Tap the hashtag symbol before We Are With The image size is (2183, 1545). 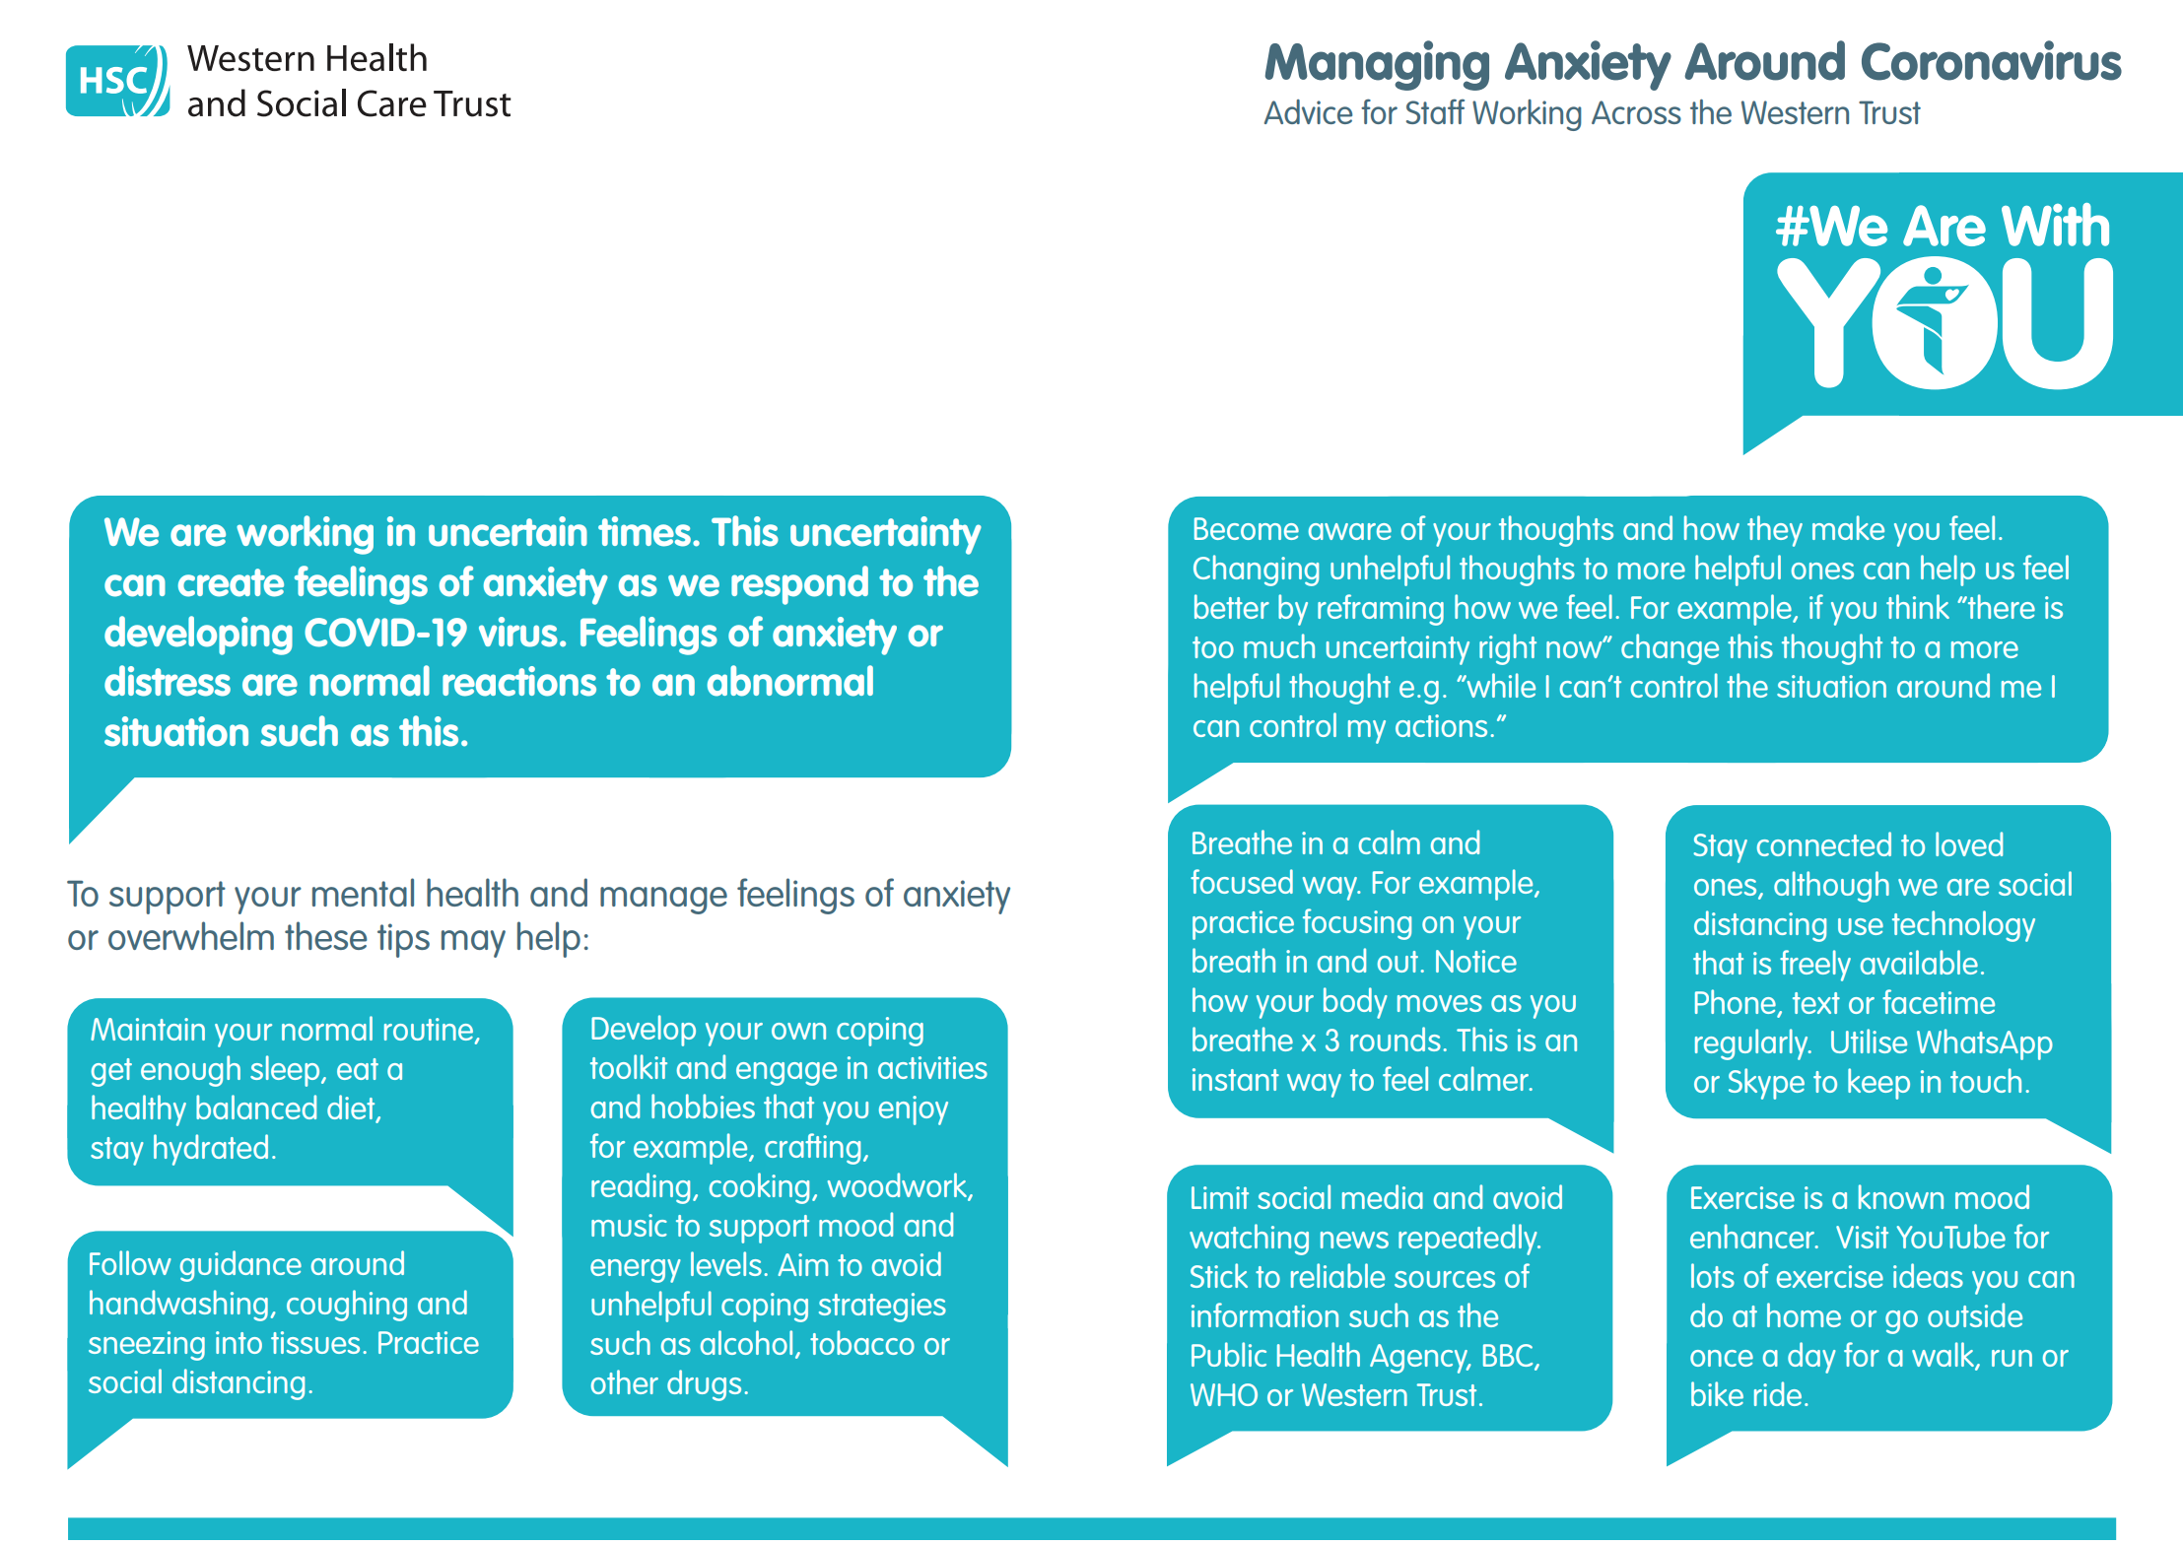click(1791, 227)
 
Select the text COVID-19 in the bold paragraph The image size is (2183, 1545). click(384, 634)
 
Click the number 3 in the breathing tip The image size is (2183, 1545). click(1331, 1041)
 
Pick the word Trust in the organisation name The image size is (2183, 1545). click(472, 104)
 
